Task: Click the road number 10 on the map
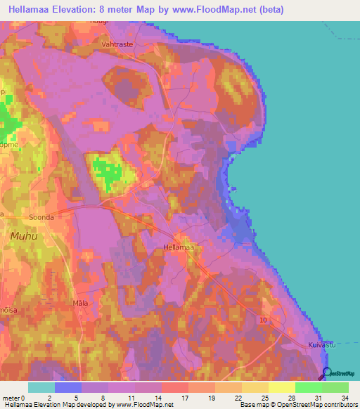pyautogui.click(x=262, y=320)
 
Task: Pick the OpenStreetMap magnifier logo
pyautogui.click(x=327, y=374)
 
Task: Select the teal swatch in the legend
pyautogui.click(x=41, y=387)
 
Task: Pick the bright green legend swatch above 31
pyautogui.click(x=308, y=387)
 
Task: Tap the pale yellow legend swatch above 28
pyautogui.click(x=281, y=387)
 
